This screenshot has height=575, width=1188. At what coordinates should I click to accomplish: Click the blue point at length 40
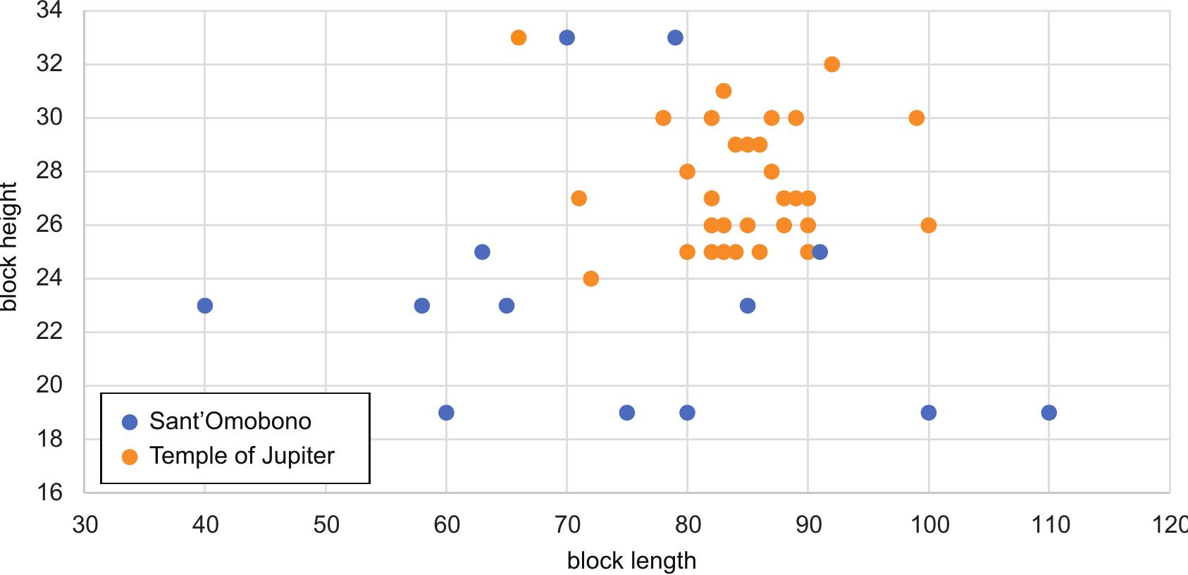click(205, 306)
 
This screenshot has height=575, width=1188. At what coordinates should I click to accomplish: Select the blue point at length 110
click(1048, 413)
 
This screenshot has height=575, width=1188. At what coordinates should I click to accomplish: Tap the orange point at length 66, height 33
click(519, 38)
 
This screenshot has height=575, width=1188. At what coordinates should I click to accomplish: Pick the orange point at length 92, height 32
click(831, 65)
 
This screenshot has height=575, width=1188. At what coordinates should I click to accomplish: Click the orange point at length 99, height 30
click(916, 118)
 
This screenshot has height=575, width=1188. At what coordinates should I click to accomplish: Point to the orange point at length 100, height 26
click(928, 225)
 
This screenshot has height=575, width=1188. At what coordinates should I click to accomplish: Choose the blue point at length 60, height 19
click(446, 413)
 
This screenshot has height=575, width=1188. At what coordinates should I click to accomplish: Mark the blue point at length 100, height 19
click(928, 413)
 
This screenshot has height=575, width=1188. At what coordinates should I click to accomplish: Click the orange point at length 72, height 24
click(590, 279)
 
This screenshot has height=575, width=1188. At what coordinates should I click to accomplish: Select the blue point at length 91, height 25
click(819, 252)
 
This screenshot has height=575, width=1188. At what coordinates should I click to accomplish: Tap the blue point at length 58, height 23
click(422, 306)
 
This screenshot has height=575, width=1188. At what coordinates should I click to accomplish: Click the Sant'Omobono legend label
click(230, 421)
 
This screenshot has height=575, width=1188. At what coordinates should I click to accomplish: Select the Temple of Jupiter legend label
click(242, 456)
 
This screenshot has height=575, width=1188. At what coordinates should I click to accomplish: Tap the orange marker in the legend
click(130, 457)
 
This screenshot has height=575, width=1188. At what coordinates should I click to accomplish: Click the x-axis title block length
click(631, 561)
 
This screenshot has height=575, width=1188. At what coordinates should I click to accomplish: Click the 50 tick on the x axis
click(326, 525)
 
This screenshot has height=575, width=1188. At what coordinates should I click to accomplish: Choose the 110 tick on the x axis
click(1049, 525)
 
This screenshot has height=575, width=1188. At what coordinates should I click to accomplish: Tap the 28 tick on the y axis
click(49, 171)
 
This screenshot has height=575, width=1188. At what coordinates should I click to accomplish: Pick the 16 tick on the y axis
click(49, 492)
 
